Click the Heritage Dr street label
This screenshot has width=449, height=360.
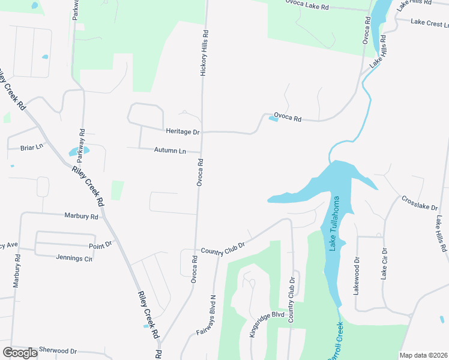point(182,131)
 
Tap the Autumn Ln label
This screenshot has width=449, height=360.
point(170,150)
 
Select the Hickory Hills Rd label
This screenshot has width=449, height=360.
point(204,53)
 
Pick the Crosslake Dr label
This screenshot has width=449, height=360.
point(420,203)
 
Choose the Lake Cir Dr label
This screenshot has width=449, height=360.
point(384,265)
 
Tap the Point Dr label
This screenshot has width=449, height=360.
point(100,244)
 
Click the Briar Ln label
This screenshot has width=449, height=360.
point(32,147)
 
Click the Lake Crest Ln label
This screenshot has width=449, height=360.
point(430,23)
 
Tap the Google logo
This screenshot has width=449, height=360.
point(20,353)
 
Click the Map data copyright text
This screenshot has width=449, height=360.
point(423,355)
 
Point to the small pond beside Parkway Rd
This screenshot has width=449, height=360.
point(79,151)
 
